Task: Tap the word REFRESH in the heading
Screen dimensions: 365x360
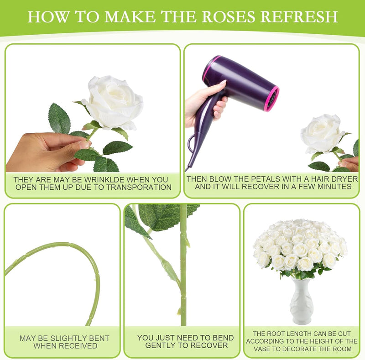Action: click(x=299, y=16)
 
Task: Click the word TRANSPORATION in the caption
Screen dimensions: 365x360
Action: click(x=139, y=188)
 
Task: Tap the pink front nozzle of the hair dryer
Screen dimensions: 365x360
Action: click(x=272, y=98)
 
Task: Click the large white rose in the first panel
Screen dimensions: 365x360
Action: click(x=113, y=103)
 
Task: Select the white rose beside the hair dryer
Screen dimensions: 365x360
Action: click(x=323, y=134)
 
